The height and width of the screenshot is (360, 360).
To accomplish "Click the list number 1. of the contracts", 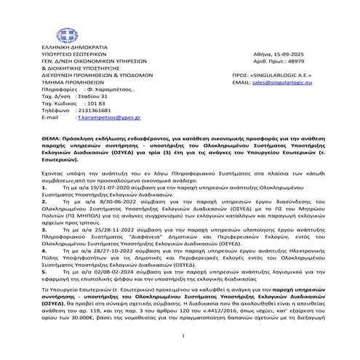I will pyautogui.click(x=43, y=185).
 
